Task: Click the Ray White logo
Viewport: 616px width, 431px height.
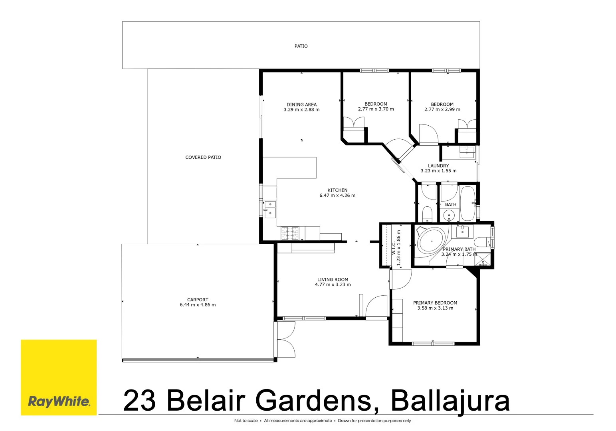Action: (x=59, y=401)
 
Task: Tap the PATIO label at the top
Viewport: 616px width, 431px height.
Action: (x=301, y=46)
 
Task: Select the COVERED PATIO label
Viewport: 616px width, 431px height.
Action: (x=203, y=157)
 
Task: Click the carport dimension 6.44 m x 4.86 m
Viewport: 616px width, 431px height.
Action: (x=198, y=305)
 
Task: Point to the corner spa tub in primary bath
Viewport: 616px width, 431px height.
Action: (x=430, y=241)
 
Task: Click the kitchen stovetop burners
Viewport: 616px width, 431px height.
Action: (x=290, y=233)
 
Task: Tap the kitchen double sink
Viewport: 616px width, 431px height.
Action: (x=270, y=209)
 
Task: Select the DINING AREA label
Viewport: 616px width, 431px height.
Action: (x=301, y=105)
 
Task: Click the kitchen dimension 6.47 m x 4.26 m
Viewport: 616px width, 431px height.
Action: (x=337, y=196)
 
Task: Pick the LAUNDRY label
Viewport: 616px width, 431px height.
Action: (x=438, y=166)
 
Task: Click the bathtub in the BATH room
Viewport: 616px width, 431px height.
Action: (x=467, y=204)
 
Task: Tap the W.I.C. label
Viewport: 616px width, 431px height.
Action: (x=394, y=247)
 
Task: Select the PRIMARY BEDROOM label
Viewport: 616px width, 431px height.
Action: (x=435, y=303)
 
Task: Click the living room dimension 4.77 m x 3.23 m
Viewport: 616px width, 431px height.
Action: (x=333, y=285)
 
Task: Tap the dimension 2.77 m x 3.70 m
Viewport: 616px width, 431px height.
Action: (x=376, y=109)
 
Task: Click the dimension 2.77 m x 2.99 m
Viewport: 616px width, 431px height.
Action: (x=442, y=109)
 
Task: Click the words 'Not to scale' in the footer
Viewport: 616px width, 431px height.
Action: (x=246, y=421)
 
